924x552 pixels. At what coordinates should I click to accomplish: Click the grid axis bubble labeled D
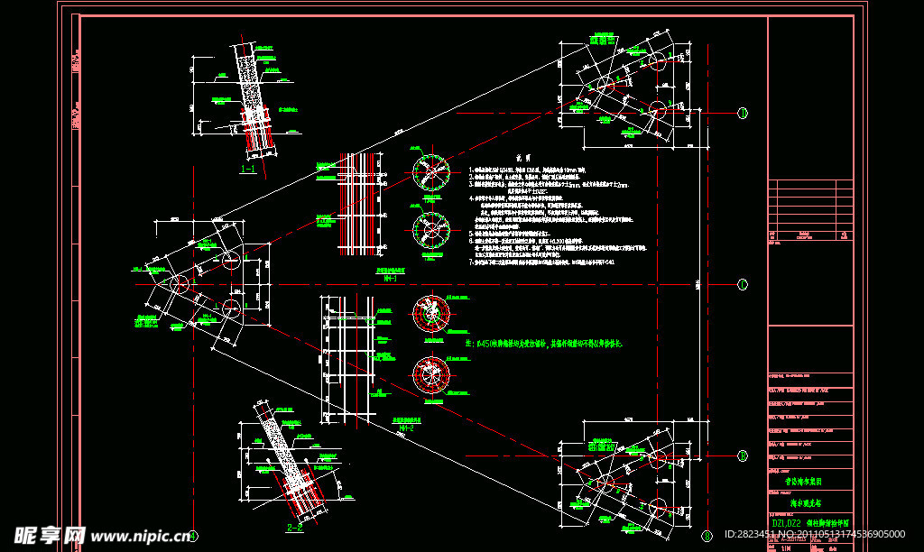[743, 113]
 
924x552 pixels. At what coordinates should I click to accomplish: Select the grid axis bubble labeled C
[743, 284]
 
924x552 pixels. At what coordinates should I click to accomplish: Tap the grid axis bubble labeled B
[743, 455]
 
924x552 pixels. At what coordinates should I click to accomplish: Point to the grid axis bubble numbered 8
[707, 536]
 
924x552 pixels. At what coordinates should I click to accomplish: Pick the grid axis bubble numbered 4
[192, 536]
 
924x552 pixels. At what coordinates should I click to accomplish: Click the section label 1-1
[246, 169]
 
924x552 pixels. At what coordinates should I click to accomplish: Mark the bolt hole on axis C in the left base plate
[178, 284]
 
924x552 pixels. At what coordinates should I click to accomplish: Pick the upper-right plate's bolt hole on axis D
[656, 111]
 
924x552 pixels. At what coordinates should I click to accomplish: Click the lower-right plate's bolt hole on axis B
[655, 455]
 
